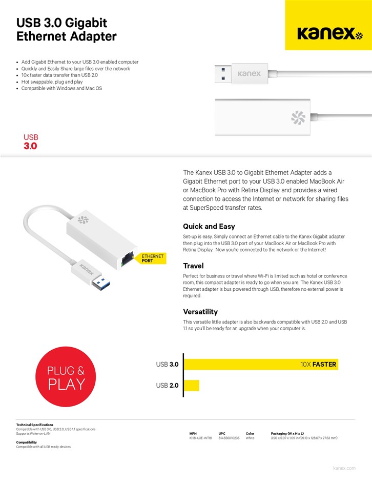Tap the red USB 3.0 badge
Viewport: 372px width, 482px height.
[x=31, y=142]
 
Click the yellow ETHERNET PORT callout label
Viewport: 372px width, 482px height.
[x=152, y=258]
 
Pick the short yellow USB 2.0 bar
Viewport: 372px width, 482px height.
[x=191, y=385]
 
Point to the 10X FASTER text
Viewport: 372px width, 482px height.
[x=318, y=365]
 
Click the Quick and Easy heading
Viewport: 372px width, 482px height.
[x=209, y=226]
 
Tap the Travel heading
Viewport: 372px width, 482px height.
[x=193, y=266]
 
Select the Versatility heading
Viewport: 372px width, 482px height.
[x=200, y=311]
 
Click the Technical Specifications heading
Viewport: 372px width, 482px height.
[x=34, y=425]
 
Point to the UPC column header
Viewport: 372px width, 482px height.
[x=222, y=433]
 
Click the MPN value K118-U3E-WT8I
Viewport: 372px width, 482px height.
[x=200, y=438]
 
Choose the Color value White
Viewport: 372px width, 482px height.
[x=250, y=438]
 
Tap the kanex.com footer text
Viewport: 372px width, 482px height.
[x=344, y=468]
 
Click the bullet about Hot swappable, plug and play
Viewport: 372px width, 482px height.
[x=52, y=82]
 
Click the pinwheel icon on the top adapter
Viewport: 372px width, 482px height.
[x=298, y=117]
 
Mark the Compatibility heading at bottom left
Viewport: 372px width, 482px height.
[x=26, y=442]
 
